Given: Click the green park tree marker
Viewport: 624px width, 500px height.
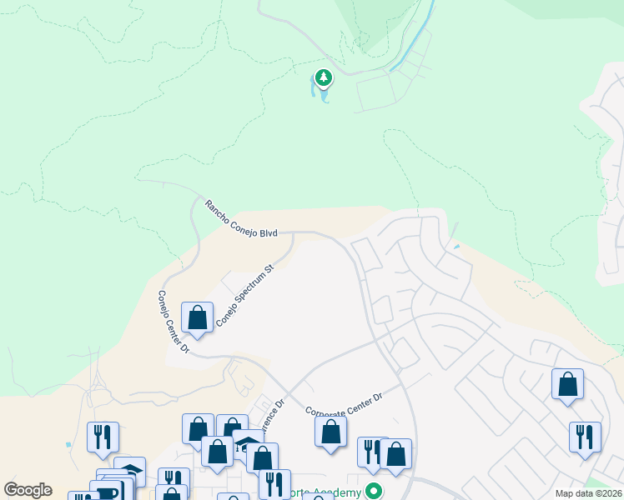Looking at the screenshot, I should tap(323, 78).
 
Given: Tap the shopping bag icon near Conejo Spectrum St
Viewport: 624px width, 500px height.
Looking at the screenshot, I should tap(197, 318).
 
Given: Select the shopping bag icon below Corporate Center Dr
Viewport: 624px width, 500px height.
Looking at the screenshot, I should tap(331, 432).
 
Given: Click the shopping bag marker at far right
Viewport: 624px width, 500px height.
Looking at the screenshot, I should tap(567, 385).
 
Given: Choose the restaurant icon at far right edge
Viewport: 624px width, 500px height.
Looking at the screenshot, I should tap(585, 437).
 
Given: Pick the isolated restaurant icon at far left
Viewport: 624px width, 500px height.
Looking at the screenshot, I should tap(103, 437).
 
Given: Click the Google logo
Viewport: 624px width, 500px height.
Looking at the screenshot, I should tap(28, 490).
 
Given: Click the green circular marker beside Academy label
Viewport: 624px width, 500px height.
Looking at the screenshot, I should tap(375, 492).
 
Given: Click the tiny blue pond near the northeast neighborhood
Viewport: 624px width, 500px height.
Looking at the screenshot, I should tap(455, 247).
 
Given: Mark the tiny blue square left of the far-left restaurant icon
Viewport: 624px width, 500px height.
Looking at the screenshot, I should tap(67, 446).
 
